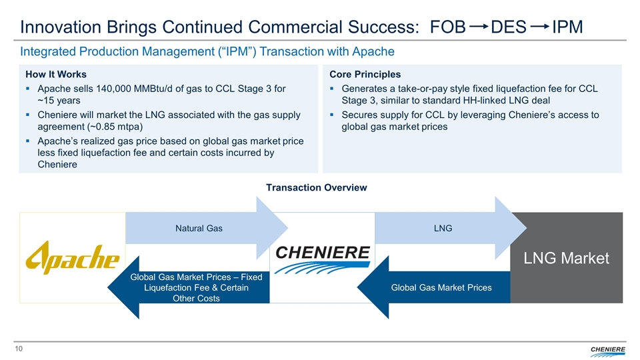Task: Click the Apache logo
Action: point(73,258)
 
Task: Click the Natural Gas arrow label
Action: point(199,229)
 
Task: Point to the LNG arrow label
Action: point(442,229)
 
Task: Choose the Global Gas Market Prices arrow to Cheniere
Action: point(442,287)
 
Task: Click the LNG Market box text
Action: point(566,259)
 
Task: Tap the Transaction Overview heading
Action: point(316,188)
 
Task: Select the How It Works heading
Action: point(55,74)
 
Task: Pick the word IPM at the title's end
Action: point(567,27)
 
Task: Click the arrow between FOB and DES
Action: point(479,27)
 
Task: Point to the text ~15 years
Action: point(59,101)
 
